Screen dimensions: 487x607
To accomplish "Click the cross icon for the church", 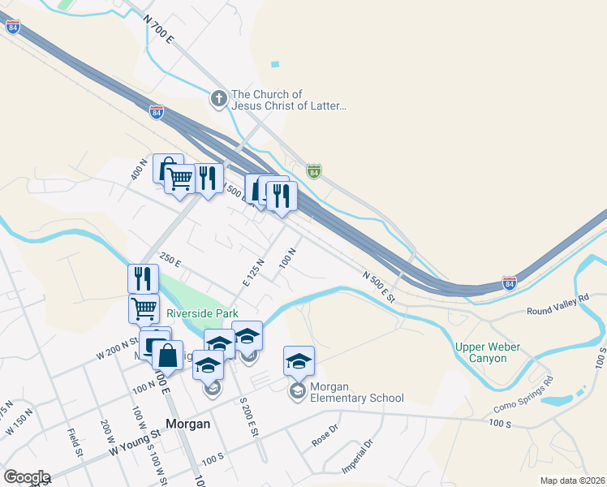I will coord(218,100).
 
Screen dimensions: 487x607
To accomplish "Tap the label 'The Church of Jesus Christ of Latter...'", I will coord(290,100).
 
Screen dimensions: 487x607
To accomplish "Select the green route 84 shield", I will coord(314,170).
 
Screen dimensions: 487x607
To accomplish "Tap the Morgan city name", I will coord(188,423).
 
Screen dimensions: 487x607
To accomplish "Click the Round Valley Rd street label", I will coord(557,310).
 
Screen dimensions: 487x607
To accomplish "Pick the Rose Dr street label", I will coord(325,437).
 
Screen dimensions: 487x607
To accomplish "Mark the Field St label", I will coord(76,442).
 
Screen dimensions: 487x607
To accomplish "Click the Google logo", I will coord(27,477).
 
